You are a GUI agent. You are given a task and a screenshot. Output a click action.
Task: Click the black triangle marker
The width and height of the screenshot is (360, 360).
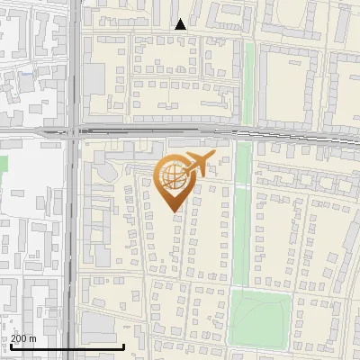pyautogui.click(x=180, y=24)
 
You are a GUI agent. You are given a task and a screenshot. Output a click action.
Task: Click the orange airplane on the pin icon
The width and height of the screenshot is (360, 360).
pyautogui.click(x=199, y=165)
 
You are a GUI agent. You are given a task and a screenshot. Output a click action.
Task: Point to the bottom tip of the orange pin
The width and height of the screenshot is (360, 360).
pyautogui.click(x=175, y=211)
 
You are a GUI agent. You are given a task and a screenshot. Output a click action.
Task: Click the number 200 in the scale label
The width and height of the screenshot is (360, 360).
pyautogui.click(x=20, y=338)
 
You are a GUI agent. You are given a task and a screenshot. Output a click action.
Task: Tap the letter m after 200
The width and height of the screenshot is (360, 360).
pyautogui.click(x=33, y=338)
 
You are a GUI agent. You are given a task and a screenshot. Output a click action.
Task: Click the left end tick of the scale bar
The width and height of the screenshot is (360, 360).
pyautogui.click(x=11, y=345)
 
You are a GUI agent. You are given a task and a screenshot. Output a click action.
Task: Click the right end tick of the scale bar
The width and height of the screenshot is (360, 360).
pyautogui.click(x=124, y=345)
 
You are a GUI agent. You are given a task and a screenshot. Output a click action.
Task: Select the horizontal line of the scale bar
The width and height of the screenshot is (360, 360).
pyautogui.click(x=67, y=346)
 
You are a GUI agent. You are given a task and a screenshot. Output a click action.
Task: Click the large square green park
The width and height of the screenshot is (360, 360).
pyautogui.click(x=259, y=317)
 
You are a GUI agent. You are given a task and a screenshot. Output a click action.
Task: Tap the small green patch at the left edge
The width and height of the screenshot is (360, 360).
pyautogui.click(x=3, y=164)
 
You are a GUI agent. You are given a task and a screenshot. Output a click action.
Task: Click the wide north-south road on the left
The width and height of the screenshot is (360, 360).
pyautogui.click(x=71, y=234)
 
